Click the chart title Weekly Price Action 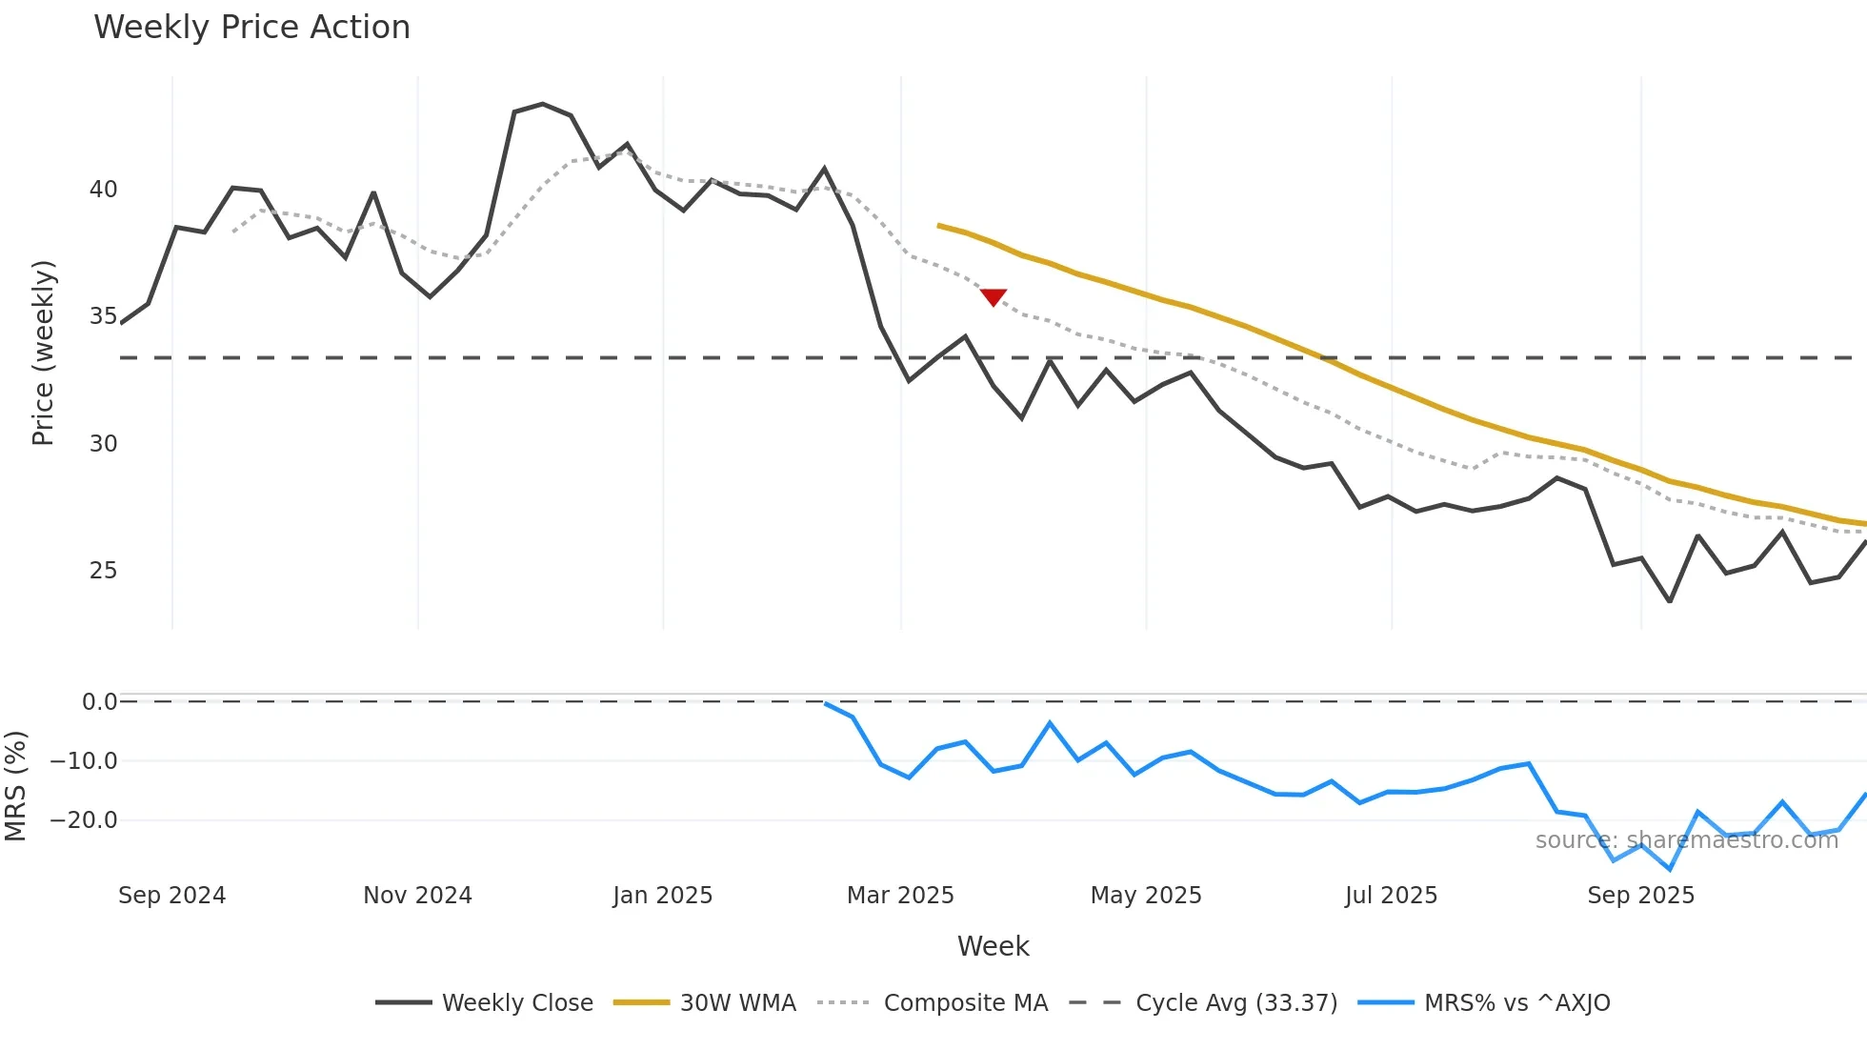[251, 28]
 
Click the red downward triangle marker [994, 297]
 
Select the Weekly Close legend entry [485, 1002]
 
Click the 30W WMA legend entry [705, 1002]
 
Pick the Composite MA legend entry [933, 1002]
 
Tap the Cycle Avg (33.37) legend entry [1204, 1002]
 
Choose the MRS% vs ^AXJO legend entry [1484, 1002]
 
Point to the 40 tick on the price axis [103, 190]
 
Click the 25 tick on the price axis [103, 571]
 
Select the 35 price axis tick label [103, 316]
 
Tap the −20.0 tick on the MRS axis [84, 820]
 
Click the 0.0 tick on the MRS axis [99, 702]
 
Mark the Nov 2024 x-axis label [417, 896]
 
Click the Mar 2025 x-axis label [900, 896]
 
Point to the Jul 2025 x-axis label [1391, 896]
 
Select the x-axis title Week [993, 946]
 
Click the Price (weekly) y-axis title [44, 353]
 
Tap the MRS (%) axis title [16, 786]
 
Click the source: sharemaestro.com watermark [1686, 840]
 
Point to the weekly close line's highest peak [542, 104]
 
